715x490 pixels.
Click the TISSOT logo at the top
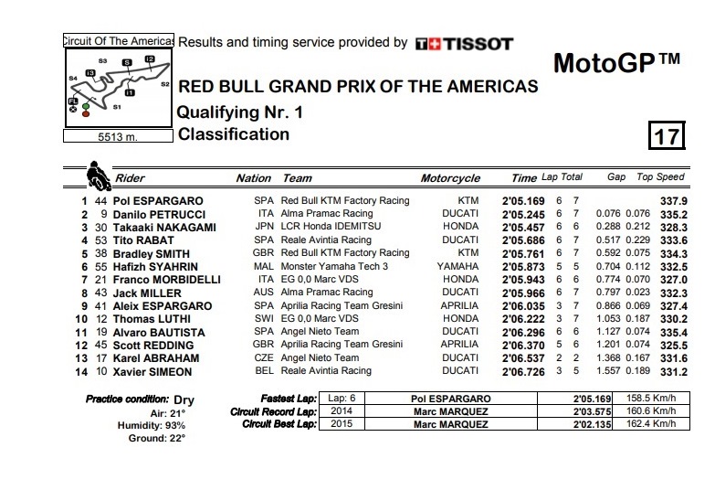(x=464, y=43)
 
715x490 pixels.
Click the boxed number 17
(x=667, y=137)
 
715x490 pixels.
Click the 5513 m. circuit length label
(x=117, y=137)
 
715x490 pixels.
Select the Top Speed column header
(x=660, y=177)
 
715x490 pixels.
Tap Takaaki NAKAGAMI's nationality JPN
(x=263, y=227)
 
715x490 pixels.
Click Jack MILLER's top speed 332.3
(x=673, y=293)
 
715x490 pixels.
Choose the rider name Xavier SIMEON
(x=155, y=371)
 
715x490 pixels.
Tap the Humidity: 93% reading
(x=152, y=426)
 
